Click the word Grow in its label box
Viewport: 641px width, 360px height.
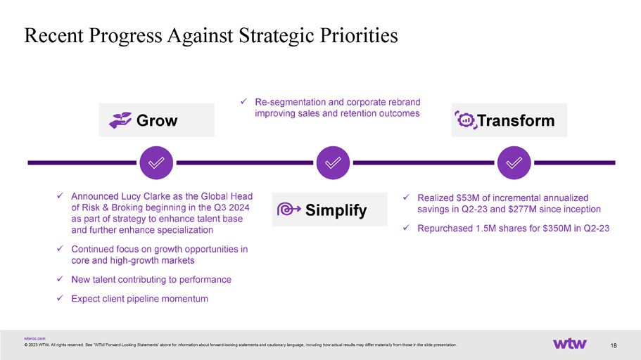coord(157,120)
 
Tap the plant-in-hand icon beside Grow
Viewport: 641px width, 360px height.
coord(120,120)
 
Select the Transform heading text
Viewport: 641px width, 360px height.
coord(516,120)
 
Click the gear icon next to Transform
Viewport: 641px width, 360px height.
coord(466,120)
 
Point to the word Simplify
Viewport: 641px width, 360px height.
coord(336,210)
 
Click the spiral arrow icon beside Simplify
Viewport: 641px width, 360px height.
coord(288,210)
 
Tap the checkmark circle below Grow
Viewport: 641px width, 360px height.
coord(156,162)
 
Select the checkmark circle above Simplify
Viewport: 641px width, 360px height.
coord(333,162)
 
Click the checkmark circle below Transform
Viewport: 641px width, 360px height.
coord(514,162)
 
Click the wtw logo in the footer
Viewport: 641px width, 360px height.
coord(569,344)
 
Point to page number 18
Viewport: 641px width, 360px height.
coord(613,346)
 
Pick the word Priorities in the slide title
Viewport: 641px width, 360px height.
coord(359,35)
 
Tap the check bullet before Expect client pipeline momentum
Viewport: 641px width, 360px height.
coord(60,298)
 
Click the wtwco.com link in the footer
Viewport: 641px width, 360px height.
coord(34,339)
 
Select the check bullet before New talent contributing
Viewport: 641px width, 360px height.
coord(60,278)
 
